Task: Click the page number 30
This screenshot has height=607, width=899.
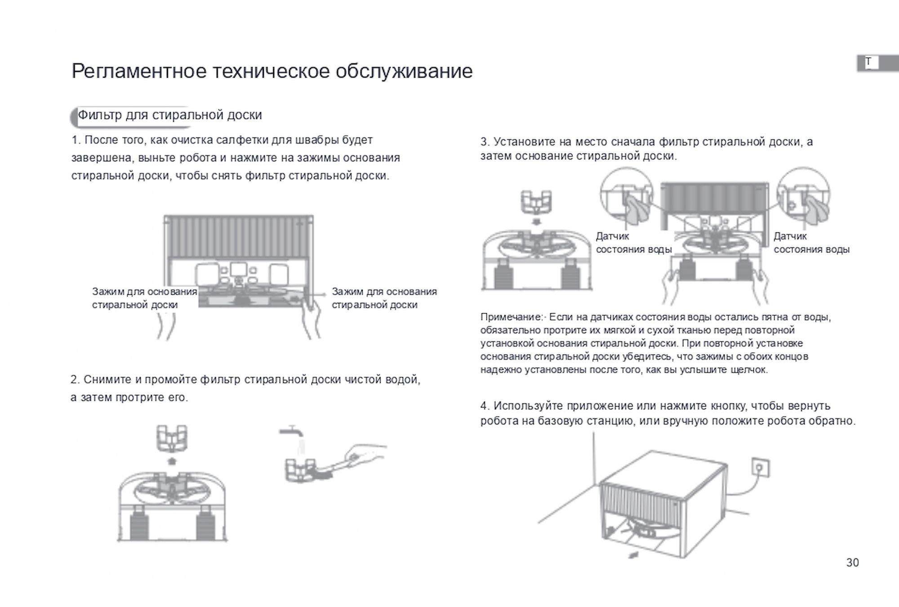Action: [852, 563]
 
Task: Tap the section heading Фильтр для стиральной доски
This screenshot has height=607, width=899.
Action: [169, 115]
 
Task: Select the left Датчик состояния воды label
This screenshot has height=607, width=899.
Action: [633, 243]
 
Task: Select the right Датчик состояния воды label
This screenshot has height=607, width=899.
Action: [811, 243]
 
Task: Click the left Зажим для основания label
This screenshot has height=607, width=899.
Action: [144, 298]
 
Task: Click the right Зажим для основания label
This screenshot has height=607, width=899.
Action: [384, 298]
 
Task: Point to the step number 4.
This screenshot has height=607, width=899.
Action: [484, 406]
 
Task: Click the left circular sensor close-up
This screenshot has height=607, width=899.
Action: [626, 195]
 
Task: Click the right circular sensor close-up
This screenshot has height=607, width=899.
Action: [803, 195]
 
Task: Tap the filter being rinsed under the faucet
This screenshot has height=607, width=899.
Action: [299, 470]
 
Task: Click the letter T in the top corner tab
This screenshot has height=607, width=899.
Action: [868, 62]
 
